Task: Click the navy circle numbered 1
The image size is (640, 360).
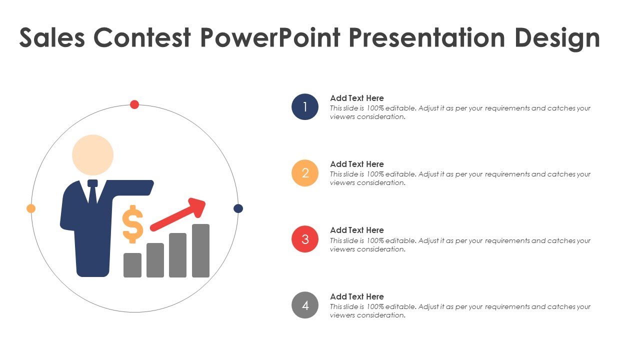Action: click(x=305, y=106)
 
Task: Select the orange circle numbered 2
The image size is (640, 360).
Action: click(x=305, y=173)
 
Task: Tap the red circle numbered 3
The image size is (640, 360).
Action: click(x=305, y=239)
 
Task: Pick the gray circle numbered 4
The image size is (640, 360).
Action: click(x=305, y=305)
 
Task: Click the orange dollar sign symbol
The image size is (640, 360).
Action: click(x=132, y=224)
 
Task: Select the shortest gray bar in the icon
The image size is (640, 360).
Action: click(x=132, y=265)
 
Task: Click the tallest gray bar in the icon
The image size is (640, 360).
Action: click(x=200, y=250)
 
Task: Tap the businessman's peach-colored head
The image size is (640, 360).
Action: click(x=92, y=155)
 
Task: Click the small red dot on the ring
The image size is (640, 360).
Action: click(x=134, y=104)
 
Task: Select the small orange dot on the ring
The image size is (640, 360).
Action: click(x=31, y=208)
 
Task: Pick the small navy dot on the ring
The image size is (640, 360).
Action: click(x=238, y=208)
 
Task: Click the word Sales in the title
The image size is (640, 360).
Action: click(x=52, y=38)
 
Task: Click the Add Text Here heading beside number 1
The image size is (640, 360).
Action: click(x=357, y=98)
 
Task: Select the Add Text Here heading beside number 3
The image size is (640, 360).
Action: click(x=357, y=230)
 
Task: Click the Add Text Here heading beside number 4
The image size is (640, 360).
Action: click(x=357, y=296)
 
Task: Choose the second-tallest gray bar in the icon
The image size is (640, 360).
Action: click(x=177, y=255)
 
